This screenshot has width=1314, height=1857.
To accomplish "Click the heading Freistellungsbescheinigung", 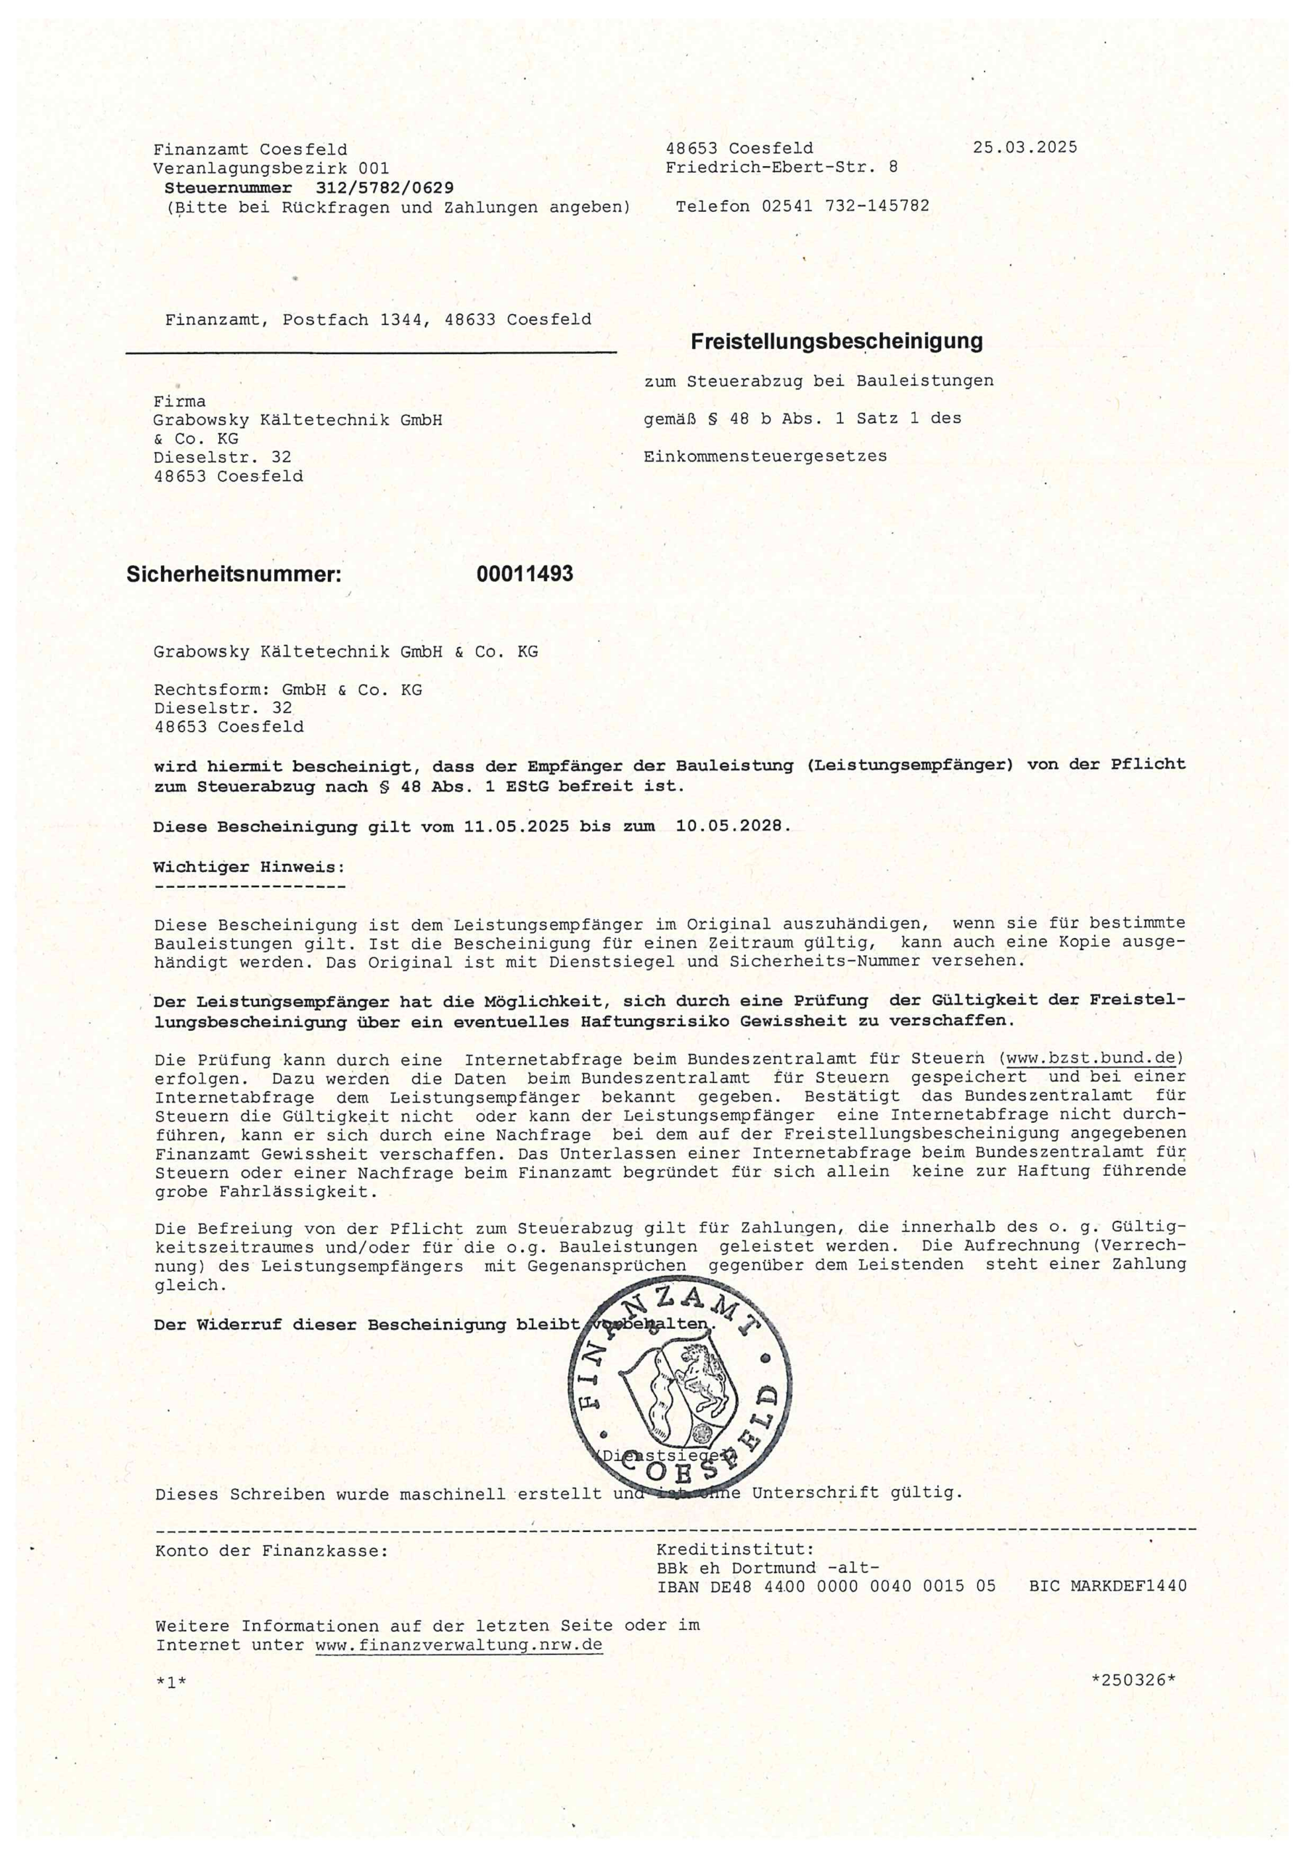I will coord(836,342).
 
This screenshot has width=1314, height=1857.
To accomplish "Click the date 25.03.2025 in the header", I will coord(1024,147).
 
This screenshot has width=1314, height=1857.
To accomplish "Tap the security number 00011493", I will coord(525,575).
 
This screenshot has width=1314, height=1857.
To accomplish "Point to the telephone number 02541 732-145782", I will coord(845,206).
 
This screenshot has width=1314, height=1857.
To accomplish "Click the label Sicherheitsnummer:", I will coord(234,575).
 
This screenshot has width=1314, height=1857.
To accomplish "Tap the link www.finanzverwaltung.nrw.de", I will coord(459,1645).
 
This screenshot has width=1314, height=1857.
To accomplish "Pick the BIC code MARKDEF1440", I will coord(1129,1586).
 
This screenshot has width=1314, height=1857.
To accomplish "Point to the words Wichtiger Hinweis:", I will coord(249,867).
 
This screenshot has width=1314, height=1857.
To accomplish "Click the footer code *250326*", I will coord(1133,1680).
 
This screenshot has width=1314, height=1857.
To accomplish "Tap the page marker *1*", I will coord(171,1682).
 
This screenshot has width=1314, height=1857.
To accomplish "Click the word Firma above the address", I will coord(180,402).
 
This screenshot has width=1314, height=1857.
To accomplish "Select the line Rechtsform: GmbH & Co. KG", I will coord(288,690).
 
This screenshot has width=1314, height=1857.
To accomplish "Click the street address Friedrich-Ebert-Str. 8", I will coord(781,168).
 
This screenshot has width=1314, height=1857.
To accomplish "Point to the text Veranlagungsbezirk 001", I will coord(271,168).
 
